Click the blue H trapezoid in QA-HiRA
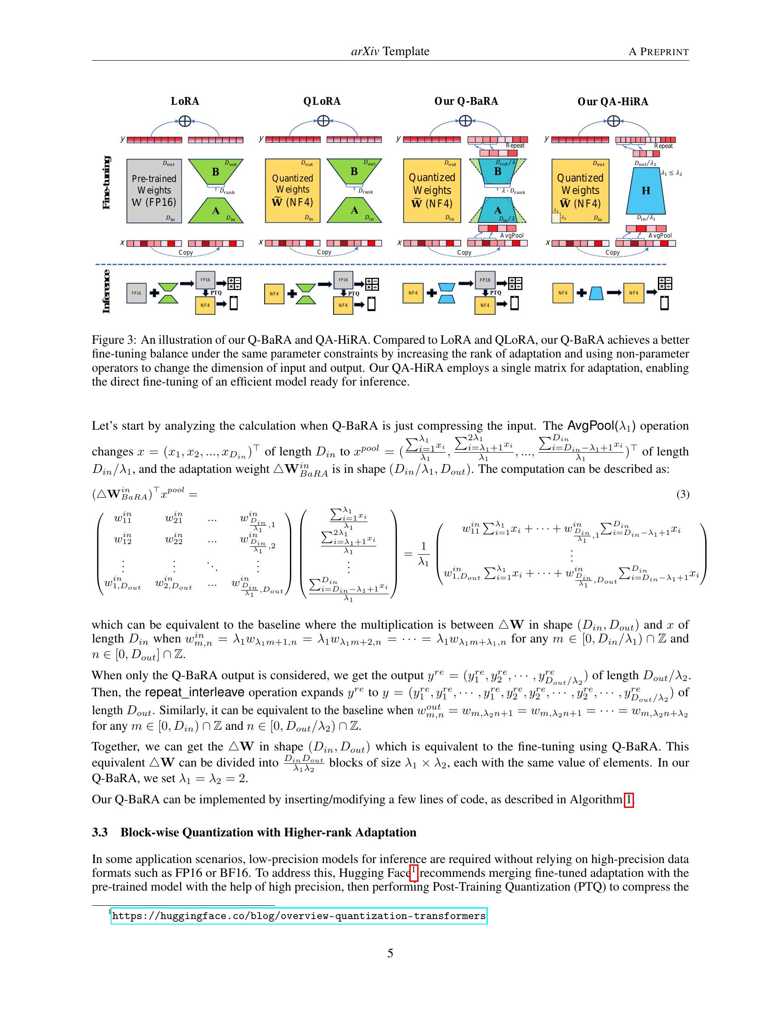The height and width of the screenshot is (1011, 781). point(645,190)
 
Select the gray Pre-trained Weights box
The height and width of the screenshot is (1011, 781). point(154,191)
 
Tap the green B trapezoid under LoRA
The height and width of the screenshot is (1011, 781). point(215,172)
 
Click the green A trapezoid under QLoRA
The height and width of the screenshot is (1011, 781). point(354,210)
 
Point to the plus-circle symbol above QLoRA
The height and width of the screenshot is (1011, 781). point(323,121)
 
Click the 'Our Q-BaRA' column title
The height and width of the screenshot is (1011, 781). point(466,102)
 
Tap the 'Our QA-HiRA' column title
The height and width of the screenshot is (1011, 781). point(612,102)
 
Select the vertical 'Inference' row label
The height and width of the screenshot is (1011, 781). point(106,292)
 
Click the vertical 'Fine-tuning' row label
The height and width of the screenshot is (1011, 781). point(106,183)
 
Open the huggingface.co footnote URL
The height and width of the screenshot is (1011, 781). point(299,915)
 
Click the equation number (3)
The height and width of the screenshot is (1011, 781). point(682,494)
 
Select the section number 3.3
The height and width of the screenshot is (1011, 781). point(100,832)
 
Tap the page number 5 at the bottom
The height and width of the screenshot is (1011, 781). point(390,953)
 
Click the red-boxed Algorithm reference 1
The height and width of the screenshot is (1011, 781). point(628,800)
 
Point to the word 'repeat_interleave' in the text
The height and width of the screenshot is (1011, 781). point(194,693)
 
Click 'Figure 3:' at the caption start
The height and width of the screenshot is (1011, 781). point(114,340)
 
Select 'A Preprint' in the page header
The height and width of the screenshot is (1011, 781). point(658,51)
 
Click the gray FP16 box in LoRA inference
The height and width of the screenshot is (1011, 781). point(136,293)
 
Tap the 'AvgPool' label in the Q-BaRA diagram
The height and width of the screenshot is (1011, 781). point(511,236)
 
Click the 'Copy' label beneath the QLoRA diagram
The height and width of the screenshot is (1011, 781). point(324,252)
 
